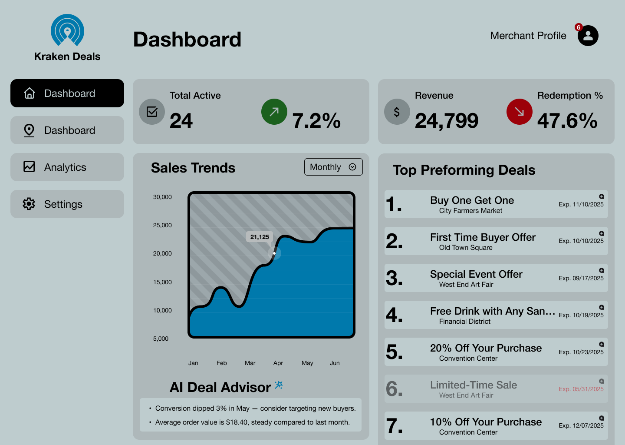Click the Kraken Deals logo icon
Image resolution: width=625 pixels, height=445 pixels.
click(67, 30)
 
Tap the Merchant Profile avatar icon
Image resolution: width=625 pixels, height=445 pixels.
click(588, 36)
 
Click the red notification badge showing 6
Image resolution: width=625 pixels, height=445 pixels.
click(578, 27)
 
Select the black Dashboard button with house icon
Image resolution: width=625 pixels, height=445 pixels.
click(67, 93)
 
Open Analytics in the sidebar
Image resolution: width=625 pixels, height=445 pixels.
click(67, 167)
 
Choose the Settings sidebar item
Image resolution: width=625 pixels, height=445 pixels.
click(67, 204)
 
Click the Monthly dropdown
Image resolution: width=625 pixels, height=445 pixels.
click(333, 167)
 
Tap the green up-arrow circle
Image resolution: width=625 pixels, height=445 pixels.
click(274, 112)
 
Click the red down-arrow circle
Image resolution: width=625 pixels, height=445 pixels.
click(520, 112)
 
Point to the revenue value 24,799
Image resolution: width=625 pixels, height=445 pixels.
click(447, 121)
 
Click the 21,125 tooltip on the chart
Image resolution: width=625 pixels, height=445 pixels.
click(260, 237)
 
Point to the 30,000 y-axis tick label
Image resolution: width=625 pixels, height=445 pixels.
click(162, 197)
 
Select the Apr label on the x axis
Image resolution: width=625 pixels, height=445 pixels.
click(278, 363)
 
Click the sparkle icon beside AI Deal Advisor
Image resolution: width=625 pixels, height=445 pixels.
click(279, 385)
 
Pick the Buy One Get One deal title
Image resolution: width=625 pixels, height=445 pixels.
click(472, 200)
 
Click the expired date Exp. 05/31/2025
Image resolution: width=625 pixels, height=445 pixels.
click(581, 389)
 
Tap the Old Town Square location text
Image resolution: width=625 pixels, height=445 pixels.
click(466, 248)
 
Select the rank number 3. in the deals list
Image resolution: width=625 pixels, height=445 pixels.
click(394, 278)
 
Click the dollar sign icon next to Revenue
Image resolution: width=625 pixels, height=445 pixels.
click(397, 112)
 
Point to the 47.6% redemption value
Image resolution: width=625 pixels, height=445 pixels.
click(567, 121)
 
